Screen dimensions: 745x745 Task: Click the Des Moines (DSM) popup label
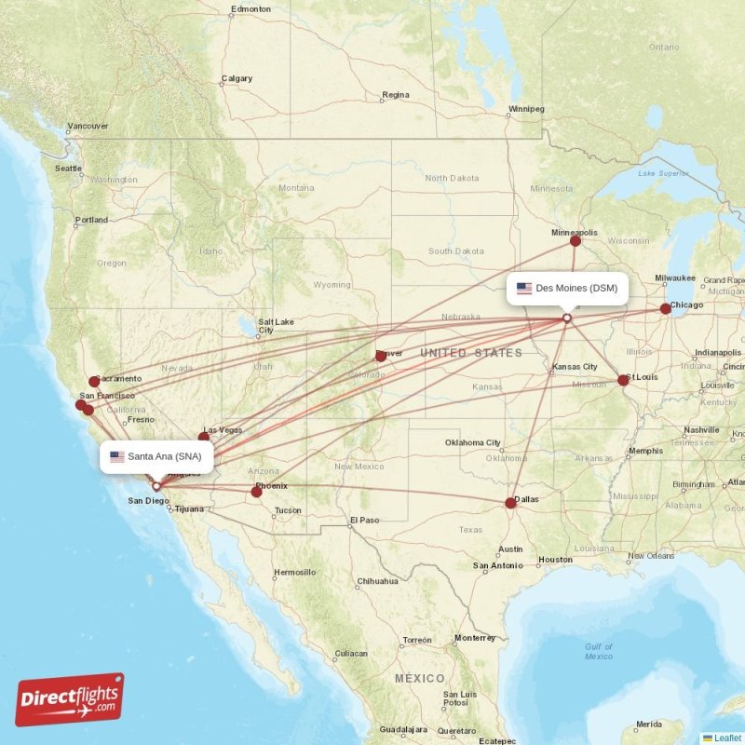[x=567, y=289]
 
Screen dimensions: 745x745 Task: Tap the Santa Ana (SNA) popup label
[x=156, y=456]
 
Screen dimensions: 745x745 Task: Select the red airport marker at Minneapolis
[x=576, y=241]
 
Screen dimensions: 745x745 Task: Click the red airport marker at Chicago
[x=665, y=308]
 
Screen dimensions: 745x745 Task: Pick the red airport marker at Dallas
[x=510, y=503]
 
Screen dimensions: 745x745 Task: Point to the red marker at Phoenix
[x=257, y=491]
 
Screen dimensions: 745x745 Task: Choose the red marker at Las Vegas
[x=204, y=436]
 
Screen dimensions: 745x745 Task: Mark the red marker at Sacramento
[x=94, y=381]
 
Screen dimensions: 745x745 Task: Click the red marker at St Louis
[x=623, y=380]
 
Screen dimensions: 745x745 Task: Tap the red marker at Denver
[x=380, y=356]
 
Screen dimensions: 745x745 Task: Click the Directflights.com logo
[x=70, y=699]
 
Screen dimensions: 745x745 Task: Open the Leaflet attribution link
[x=727, y=738]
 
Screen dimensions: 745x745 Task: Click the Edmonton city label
[x=251, y=9]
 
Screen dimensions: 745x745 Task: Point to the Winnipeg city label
[x=525, y=109]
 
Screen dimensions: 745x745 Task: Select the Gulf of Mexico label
[x=599, y=651]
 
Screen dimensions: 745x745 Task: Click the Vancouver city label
[x=88, y=126]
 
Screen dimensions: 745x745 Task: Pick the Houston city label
[x=555, y=560]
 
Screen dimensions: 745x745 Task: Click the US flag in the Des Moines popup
[x=524, y=289]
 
